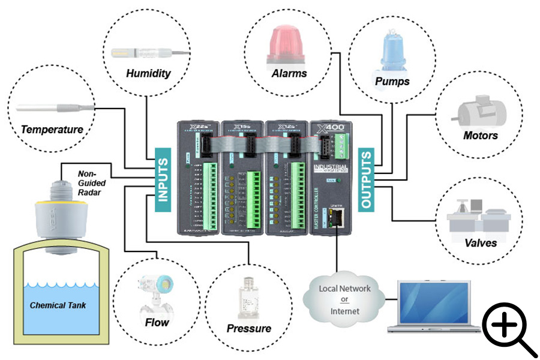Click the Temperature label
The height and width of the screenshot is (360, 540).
tap(52, 129)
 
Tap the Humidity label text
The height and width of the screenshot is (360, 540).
tap(148, 74)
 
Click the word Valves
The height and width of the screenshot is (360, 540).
tap(480, 242)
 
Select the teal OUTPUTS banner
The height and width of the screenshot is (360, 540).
tap(366, 178)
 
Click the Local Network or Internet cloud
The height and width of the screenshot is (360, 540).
tap(345, 299)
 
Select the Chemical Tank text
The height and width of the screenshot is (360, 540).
tap(58, 305)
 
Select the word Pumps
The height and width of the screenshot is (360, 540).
tap(392, 80)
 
